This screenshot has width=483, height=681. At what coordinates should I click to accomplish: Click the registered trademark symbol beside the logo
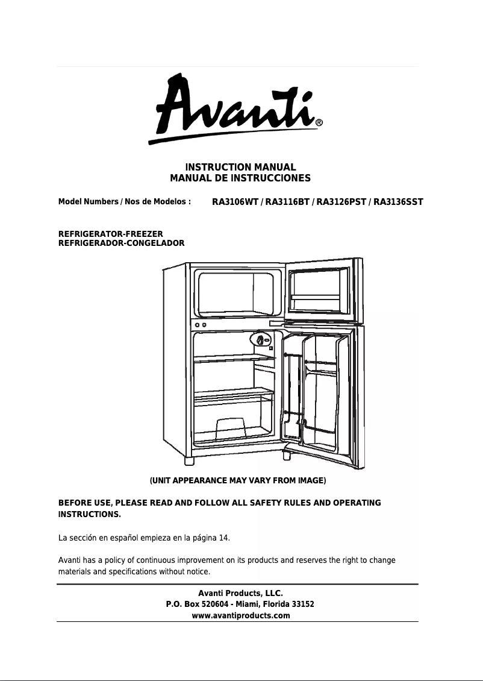(319, 123)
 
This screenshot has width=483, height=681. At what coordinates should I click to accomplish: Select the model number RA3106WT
(235, 202)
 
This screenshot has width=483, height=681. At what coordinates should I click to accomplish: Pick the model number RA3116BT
(286, 202)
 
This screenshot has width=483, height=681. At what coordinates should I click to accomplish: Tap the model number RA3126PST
(340, 202)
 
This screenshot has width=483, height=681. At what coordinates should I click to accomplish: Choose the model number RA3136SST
(398, 202)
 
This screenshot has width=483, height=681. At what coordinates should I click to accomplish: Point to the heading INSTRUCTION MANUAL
(240, 167)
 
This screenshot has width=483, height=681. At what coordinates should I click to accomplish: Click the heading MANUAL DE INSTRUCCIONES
(240, 178)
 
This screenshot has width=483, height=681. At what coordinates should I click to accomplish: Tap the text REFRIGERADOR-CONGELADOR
(121, 243)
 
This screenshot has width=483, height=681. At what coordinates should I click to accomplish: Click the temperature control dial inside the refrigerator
(260, 340)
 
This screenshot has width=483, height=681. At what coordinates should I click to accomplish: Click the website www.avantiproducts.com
(240, 615)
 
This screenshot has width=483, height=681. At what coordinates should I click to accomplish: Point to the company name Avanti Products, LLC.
(240, 594)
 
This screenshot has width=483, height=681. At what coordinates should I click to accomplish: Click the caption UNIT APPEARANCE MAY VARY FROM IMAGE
(238, 480)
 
